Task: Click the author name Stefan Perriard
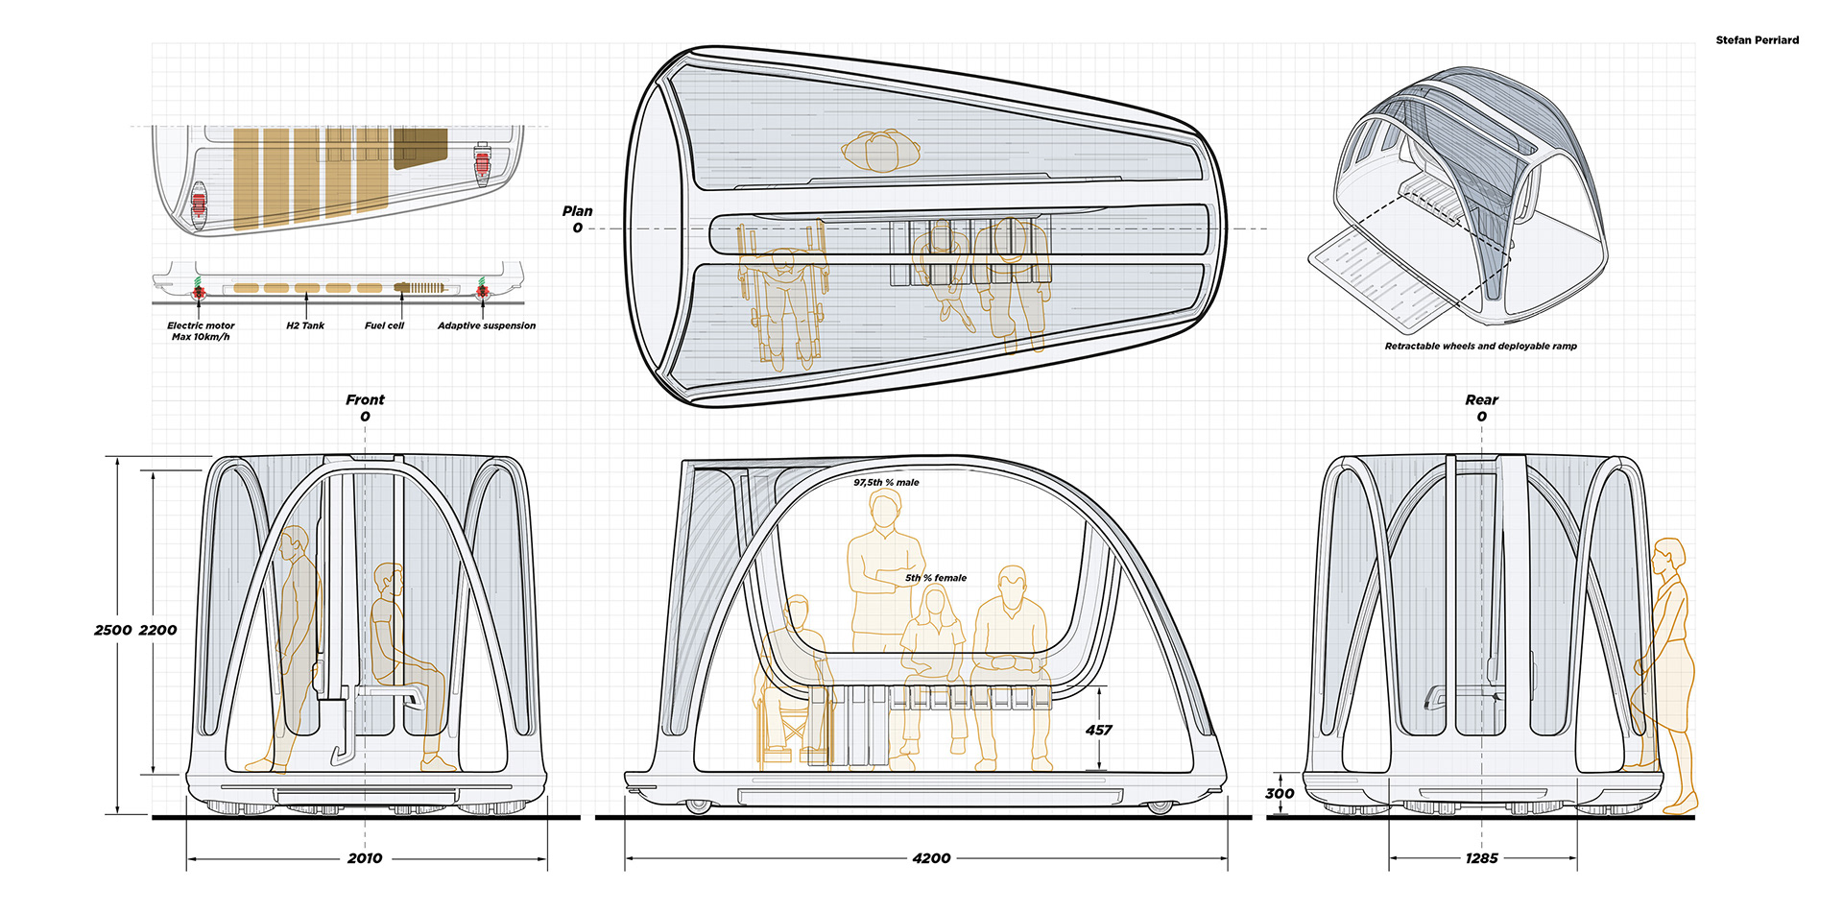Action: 1757,40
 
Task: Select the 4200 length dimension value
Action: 931,858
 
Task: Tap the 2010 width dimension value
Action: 365,858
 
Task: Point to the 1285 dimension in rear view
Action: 1481,858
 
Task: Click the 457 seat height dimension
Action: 1098,731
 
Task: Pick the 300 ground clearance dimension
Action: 1280,794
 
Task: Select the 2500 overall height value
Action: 112,631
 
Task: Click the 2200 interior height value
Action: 158,631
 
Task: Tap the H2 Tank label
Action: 305,326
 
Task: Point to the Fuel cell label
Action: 384,326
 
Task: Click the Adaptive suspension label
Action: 487,326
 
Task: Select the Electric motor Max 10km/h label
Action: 201,331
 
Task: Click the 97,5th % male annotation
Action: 886,483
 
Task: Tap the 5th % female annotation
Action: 936,578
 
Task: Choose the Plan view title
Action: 577,211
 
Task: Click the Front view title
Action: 365,400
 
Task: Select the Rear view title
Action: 1481,400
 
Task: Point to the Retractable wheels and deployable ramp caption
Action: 1480,347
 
